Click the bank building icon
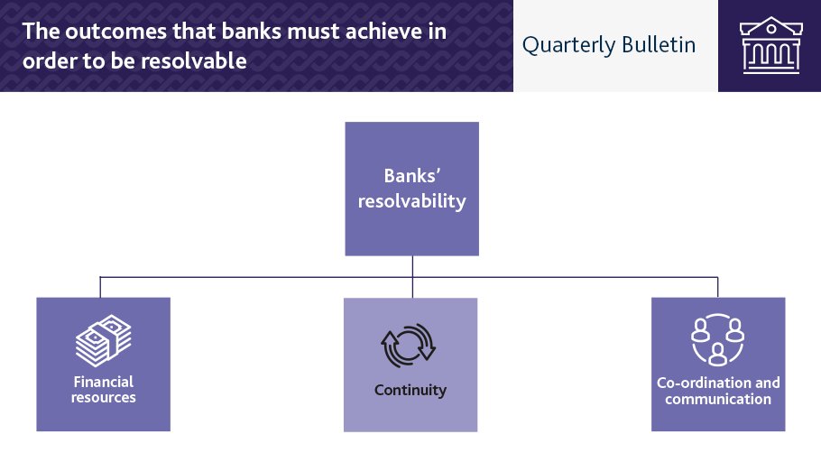pos(769,45)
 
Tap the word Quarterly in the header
pos(565,45)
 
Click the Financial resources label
pos(103,390)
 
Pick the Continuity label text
pos(410,391)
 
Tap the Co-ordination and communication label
pos(718,391)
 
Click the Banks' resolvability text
pos(411,188)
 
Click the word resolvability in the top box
pos(411,200)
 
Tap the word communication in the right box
pos(718,399)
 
